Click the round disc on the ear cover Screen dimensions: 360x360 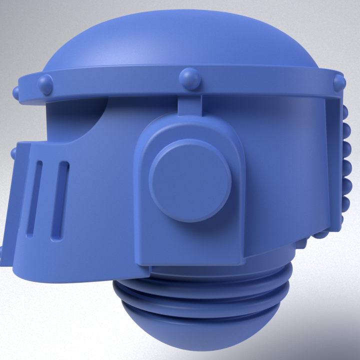tap(190, 180)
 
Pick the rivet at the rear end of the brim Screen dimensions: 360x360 tap(339, 82)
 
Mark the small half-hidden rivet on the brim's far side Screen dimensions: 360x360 tap(16, 92)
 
